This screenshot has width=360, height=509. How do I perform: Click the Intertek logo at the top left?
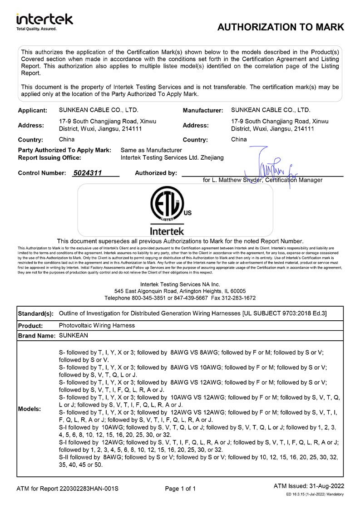click(x=44, y=20)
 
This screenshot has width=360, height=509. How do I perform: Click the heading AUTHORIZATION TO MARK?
click(x=281, y=27)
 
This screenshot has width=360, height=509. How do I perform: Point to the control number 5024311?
click(x=88, y=173)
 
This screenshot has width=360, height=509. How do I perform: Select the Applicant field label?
click(x=32, y=110)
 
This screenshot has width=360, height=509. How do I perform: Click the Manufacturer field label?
click(x=202, y=110)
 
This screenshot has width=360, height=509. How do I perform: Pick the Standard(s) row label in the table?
click(x=35, y=314)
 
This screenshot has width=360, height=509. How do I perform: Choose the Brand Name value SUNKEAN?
click(x=74, y=335)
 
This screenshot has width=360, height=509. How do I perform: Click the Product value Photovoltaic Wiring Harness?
click(x=97, y=325)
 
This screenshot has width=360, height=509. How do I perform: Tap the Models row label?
click(x=29, y=409)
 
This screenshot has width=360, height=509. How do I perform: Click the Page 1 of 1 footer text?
click(x=180, y=489)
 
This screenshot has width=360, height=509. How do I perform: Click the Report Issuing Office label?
click(x=49, y=158)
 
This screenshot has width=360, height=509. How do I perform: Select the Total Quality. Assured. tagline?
click(x=36, y=29)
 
